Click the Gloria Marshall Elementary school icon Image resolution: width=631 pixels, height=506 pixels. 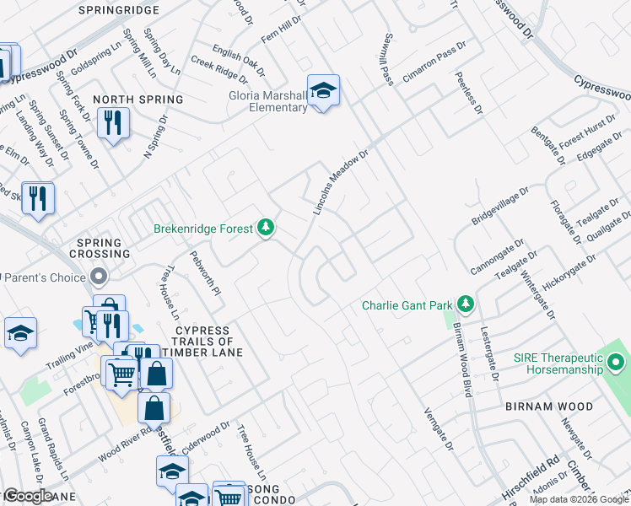point(323,90)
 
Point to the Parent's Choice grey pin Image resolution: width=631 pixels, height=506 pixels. point(100,277)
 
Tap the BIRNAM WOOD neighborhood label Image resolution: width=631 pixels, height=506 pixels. point(540,406)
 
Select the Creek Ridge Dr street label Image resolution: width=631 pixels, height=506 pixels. point(213,67)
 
